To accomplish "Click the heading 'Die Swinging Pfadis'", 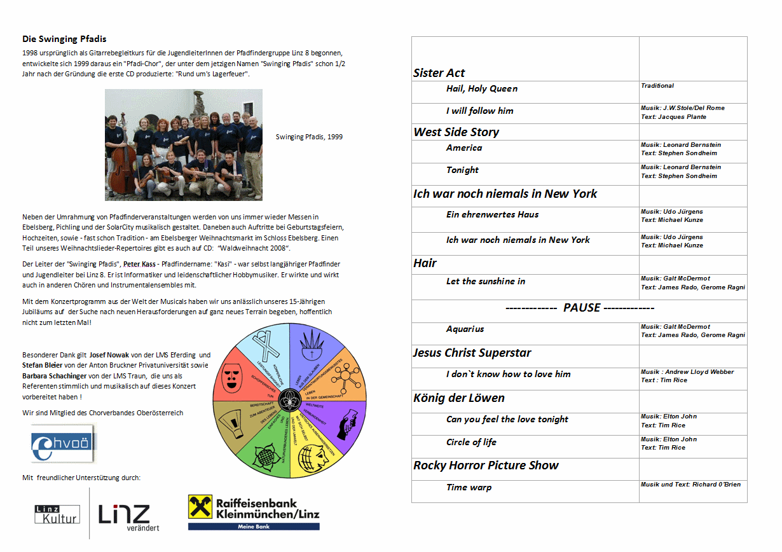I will coord(64,39).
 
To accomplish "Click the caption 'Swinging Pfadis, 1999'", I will coord(309,137).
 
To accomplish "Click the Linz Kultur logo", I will coord(57,514).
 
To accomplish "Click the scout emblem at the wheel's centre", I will coord(290,401).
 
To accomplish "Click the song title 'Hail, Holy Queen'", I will coord(482,89).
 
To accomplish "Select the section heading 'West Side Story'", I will coord(456,132).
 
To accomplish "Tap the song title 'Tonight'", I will coord(462,170).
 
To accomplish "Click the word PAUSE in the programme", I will coord(581,308).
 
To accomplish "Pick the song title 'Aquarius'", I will coord(465,329).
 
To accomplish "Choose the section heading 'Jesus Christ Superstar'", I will coord(472,353).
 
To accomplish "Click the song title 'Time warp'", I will coord(469,488).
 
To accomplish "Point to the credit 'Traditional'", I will coord(657,86).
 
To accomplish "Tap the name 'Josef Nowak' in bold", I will coord(110,355).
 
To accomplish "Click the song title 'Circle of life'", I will coord(471,443).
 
